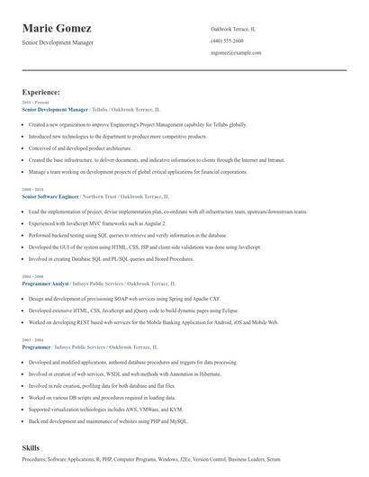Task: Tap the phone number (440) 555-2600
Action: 226,40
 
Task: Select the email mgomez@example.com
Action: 236,53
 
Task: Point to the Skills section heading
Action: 31,447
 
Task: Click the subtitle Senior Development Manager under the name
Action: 57,42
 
